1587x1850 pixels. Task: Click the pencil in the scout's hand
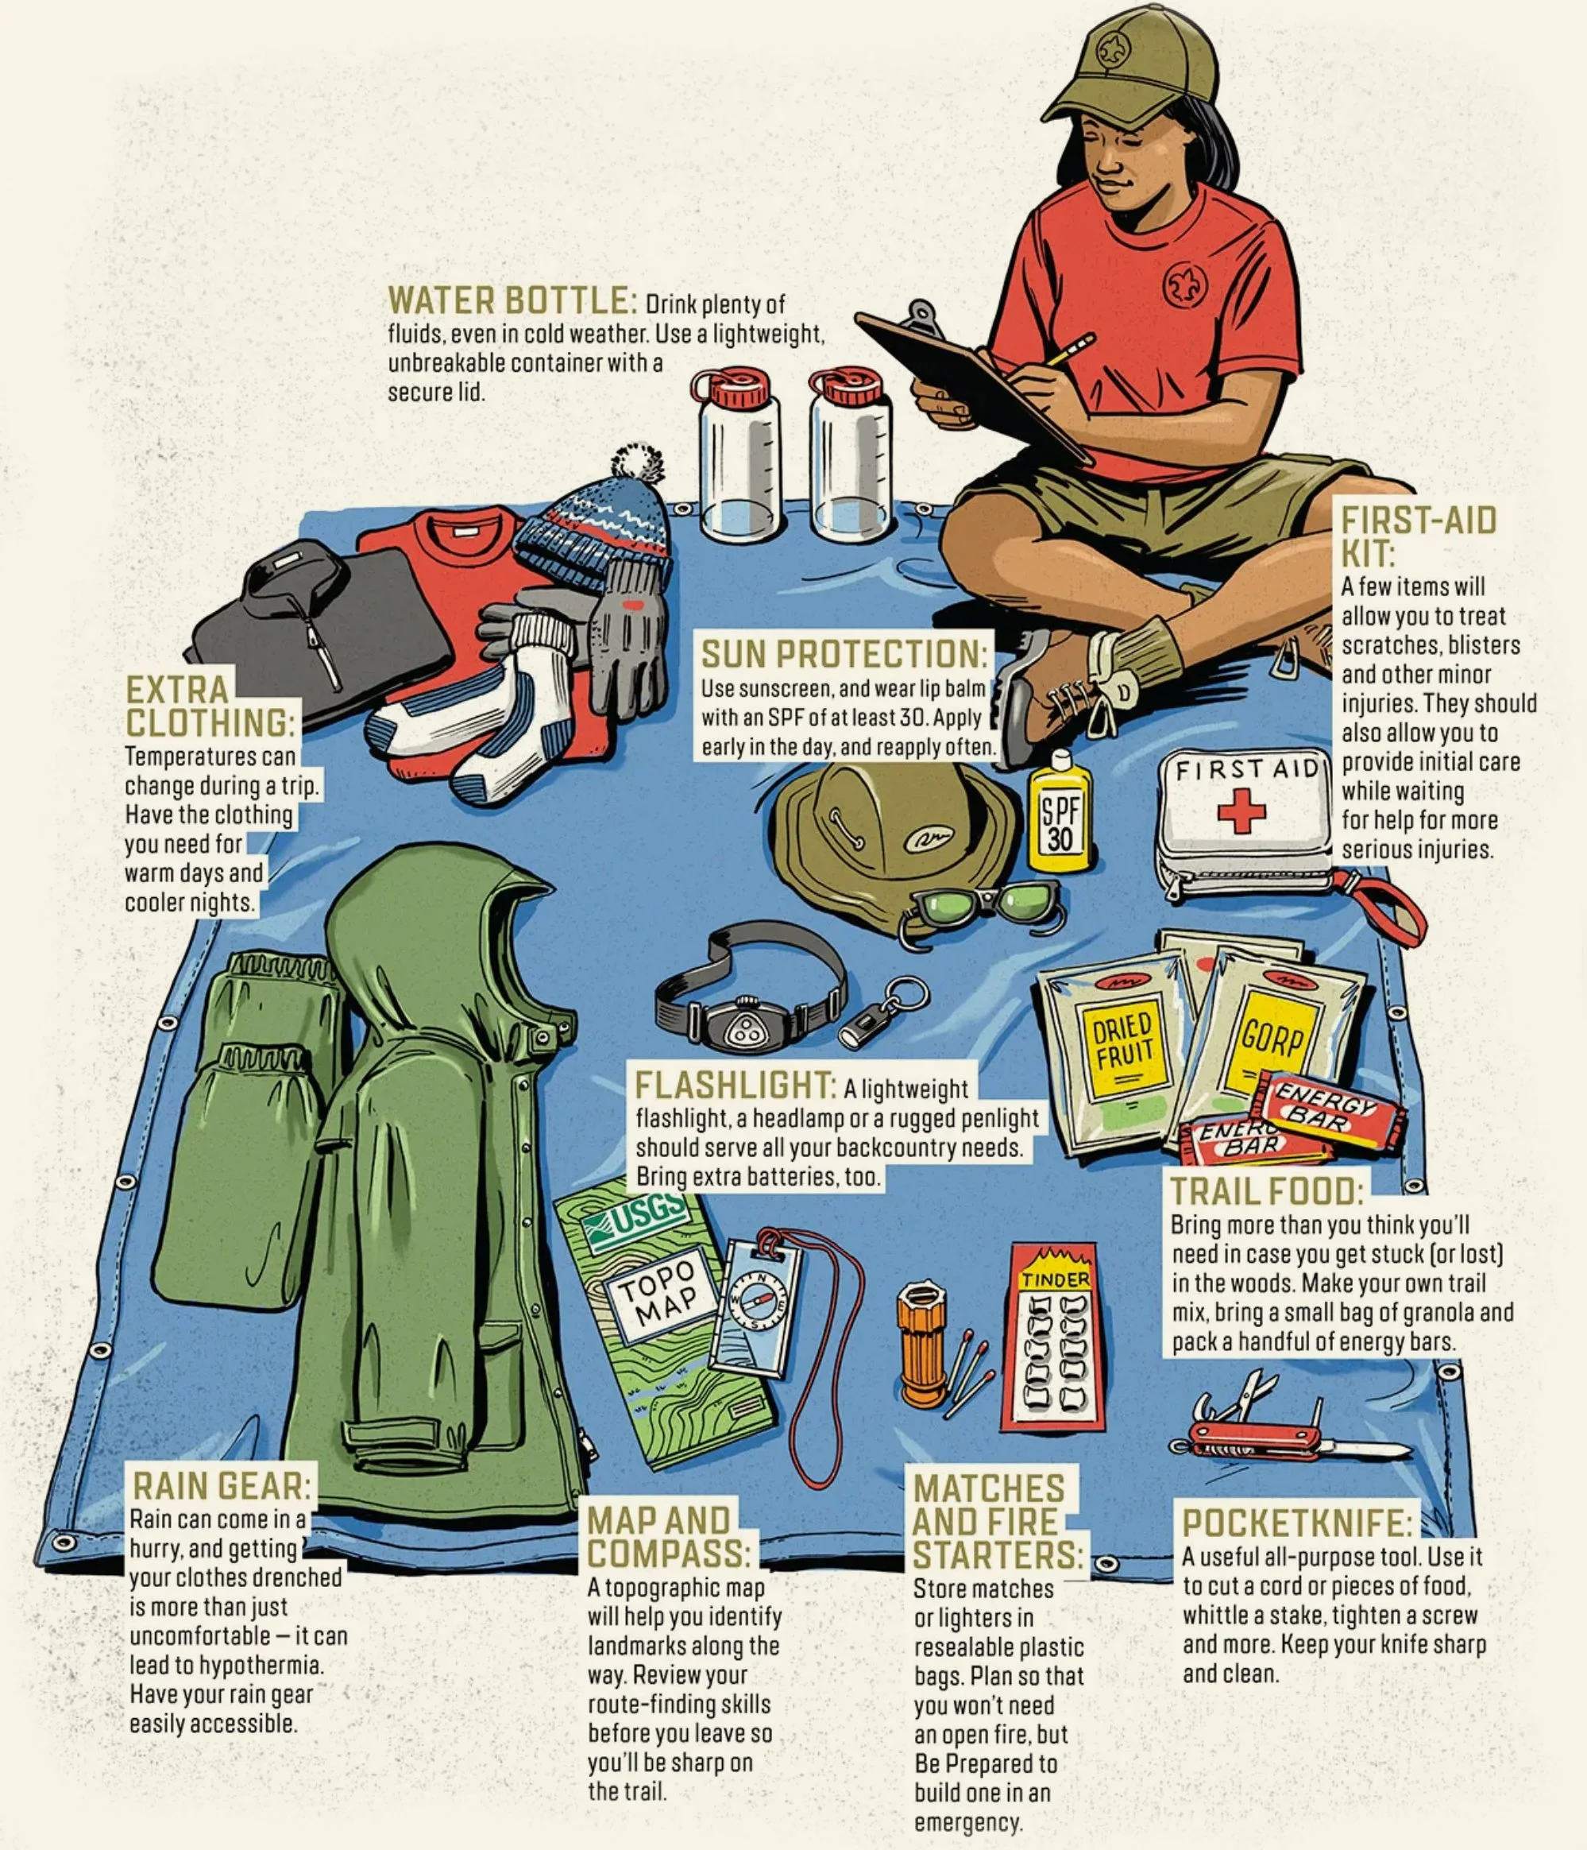click(x=1071, y=348)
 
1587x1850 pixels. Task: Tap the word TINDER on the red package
click(x=1056, y=1279)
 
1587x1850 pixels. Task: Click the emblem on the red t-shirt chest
click(x=1185, y=284)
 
